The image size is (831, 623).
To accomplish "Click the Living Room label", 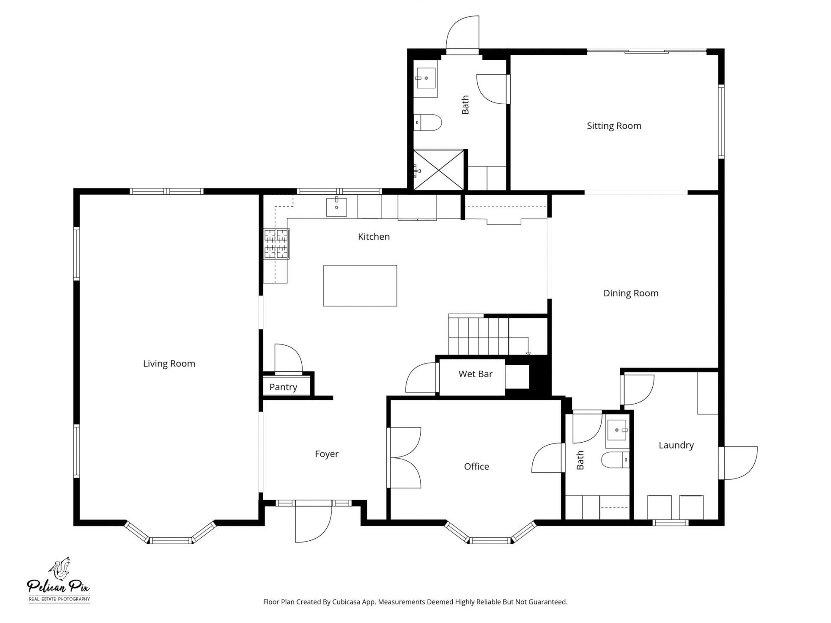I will pyautogui.click(x=169, y=363).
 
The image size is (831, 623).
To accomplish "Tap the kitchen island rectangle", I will pyautogui.click(x=360, y=286).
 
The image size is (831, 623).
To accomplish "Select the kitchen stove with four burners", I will pyautogui.click(x=276, y=244).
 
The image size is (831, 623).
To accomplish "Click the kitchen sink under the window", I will pyautogui.click(x=336, y=207).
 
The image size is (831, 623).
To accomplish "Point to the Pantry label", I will pyautogui.click(x=283, y=387).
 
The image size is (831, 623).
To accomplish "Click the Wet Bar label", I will pyautogui.click(x=475, y=374).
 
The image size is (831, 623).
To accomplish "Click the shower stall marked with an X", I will pyautogui.click(x=439, y=170).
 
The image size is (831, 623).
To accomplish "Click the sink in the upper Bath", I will pyautogui.click(x=426, y=78).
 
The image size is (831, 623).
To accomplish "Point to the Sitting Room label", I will pyautogui.click(x=614, y=126).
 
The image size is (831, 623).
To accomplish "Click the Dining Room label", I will pyautogui.click(x=631, y=293).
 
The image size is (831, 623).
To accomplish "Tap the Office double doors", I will pyautogui.click(x=405, y=458).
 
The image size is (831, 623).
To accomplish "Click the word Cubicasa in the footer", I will pyautogui.click(x=346, y=602).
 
